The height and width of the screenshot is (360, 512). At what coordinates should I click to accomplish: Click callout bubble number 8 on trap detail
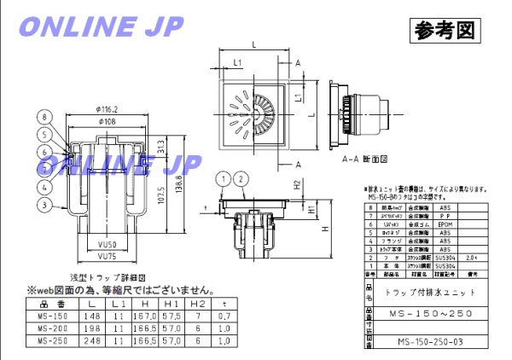42,119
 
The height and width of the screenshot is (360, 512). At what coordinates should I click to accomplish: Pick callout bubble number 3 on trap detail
42,204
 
